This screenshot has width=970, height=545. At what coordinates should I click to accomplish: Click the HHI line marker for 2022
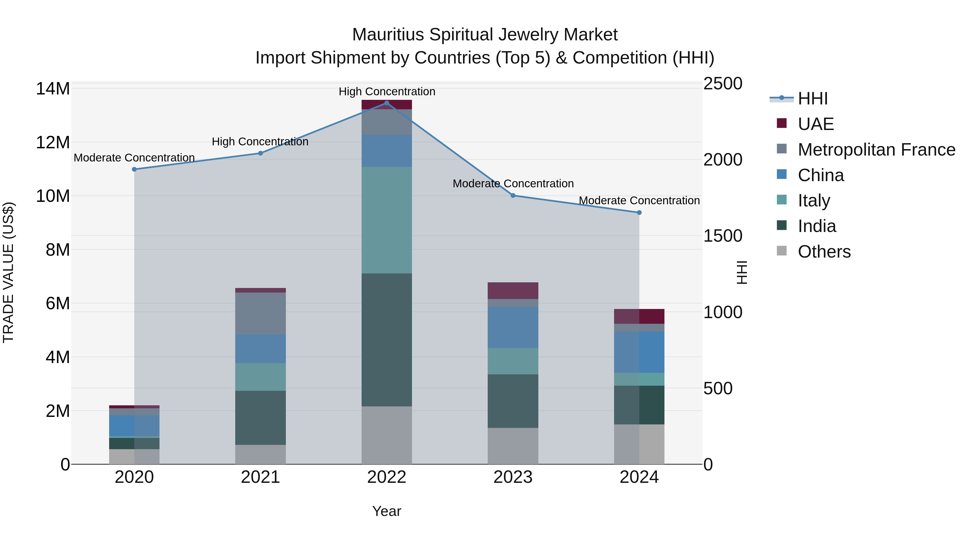[x=386, y=103]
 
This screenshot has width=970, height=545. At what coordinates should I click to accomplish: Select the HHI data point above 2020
[x=134, y=169]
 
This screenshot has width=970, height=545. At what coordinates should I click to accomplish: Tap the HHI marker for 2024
[x=639, y=213]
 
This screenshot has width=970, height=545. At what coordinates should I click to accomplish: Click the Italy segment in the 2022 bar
[x=386, y=220]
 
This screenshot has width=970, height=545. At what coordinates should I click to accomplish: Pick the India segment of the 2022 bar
[x=386, y=340]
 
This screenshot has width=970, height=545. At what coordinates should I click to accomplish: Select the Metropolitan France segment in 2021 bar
[x=260, y=313]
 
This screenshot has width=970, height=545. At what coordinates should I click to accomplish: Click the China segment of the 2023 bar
[x=512, y=327]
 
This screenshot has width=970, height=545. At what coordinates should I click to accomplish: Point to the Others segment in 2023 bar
[x=512, y=446]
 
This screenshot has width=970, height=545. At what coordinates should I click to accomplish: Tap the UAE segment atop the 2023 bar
[x=512, y=290]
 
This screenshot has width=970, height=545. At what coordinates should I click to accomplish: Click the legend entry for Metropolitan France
[x=876, y=150]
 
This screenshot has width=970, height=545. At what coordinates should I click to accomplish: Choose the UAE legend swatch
[x=782, y=123]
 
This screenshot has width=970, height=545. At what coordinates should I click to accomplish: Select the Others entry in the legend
[x=824, y=252]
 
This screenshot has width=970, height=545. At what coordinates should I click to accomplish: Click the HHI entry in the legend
[x=813, y=99]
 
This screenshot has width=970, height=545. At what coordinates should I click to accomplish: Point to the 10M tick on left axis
[x=53, y=196]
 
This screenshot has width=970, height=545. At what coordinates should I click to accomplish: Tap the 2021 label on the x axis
[x=260, y=477]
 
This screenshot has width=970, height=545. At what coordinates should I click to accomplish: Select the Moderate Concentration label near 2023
[x=513, y=184]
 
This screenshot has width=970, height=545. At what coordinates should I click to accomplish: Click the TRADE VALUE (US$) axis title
[x=8, y=272]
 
